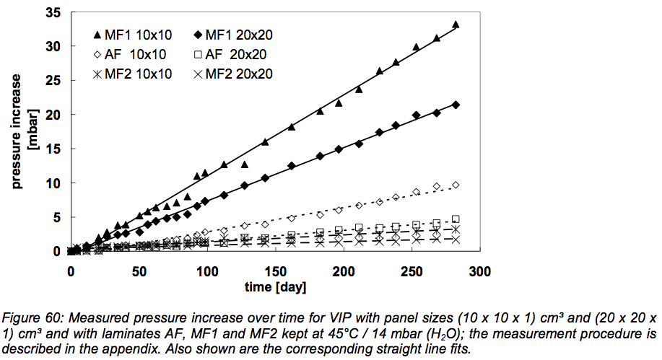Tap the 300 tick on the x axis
click(x=480, y=271)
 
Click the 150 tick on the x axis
click(x=275, y=271)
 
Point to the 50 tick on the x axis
click(x=139, y=271)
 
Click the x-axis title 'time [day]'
click(x=275, y=288)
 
